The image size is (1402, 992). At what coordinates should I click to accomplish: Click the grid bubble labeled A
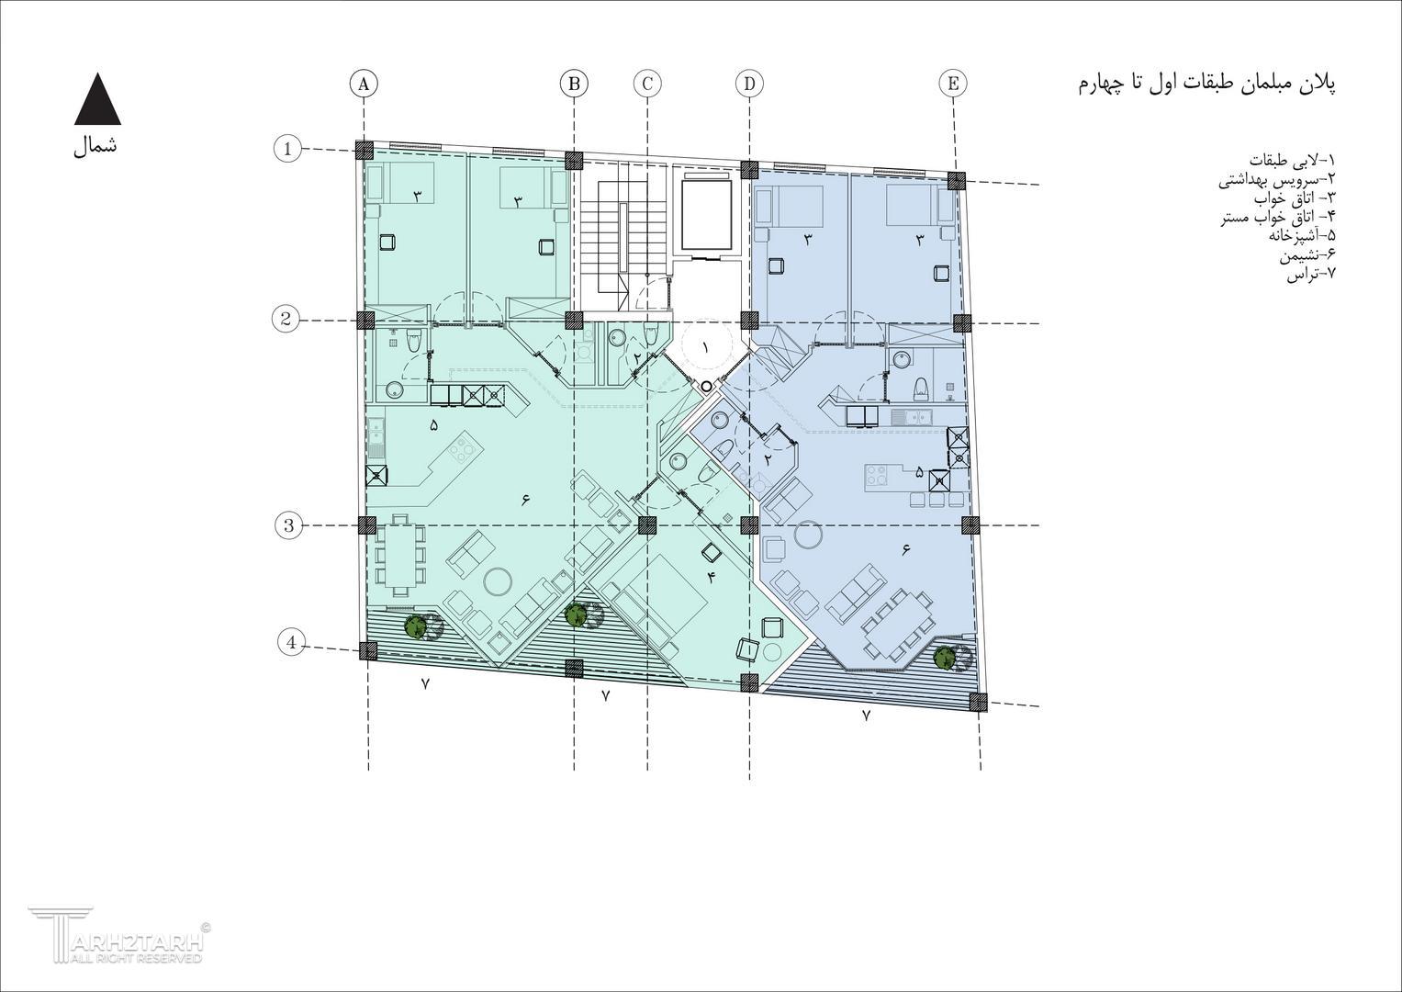coord(365,84)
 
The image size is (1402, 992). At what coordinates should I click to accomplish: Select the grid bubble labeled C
coord(647,84)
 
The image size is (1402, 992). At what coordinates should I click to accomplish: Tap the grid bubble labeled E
coord(953,84)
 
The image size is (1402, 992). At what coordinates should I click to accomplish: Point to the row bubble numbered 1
coord(288,149)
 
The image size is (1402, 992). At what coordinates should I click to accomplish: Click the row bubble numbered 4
coord(292,643)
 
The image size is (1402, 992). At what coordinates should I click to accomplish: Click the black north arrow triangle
coord(97,98)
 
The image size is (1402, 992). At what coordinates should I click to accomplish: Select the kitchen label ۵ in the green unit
coord(433,425)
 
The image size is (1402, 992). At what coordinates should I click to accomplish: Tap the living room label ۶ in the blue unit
coord(905,550)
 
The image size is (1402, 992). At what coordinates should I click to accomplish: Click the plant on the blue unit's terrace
coord(945,657)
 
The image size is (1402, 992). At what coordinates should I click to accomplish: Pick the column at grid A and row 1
coord(365,151)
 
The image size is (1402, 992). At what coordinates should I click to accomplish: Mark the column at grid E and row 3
coord(970,524)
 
